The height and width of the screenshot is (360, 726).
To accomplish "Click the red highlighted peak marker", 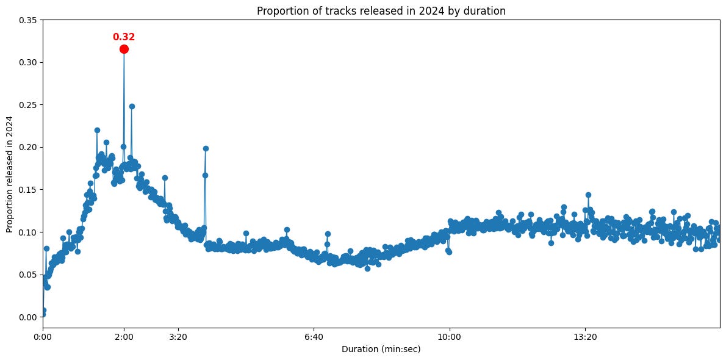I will click(124, 49).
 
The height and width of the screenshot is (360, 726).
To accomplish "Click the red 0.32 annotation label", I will click(124, 37).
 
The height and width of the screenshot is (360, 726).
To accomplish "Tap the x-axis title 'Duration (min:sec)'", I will click(381, 350).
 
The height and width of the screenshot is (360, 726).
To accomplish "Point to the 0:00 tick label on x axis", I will click(43, 337).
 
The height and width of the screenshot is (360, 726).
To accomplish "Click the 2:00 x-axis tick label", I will click(124, 337).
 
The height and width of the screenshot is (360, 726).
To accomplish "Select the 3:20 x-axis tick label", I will click(178, 337).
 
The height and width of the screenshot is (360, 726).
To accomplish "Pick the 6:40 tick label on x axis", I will click(314, 337).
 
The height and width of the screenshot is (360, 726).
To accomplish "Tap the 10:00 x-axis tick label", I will click(449, 337).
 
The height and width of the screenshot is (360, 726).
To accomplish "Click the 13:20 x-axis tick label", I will click(585, 337).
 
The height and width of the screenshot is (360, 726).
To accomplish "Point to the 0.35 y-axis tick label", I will click(27, 20).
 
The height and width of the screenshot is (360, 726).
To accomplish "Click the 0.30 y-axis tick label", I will click(27, 62).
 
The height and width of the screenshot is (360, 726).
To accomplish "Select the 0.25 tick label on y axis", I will click(27, 105).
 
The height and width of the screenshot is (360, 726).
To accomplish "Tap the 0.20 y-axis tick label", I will click(27, 147).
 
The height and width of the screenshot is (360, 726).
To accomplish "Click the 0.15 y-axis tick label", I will click(27, 190).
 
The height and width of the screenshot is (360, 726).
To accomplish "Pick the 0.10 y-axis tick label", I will click(27, 232).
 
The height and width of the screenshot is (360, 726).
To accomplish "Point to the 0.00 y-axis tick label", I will click(27, 317).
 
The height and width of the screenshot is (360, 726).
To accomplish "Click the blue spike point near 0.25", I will click(132, 106).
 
